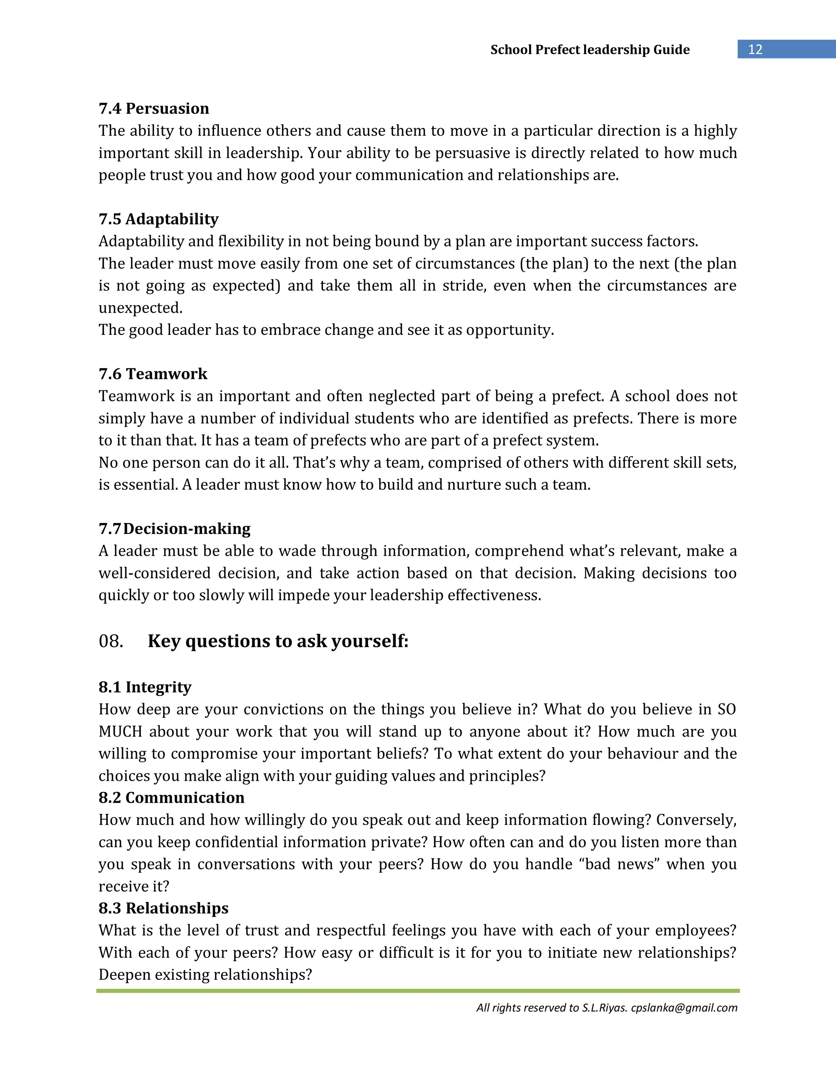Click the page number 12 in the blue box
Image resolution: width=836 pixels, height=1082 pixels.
(x=755, y=49)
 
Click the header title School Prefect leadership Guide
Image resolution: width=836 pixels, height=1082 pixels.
(x=589, y=49)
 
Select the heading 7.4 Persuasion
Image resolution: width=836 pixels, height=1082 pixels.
(x=153, y=109)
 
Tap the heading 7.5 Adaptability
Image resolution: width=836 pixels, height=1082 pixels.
(x=158, y=219)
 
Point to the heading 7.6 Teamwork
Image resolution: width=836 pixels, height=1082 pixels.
(x=153, y=374)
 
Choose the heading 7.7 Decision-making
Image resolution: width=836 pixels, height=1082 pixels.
(x=174, y=529)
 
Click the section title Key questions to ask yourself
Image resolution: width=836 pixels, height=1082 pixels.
(x=278, y=641)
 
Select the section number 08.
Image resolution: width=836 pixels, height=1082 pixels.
(x=111, y=641)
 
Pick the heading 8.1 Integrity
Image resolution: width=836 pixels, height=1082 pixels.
(x=145, y=687)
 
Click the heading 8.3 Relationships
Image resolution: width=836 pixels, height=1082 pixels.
(x=163, y=908)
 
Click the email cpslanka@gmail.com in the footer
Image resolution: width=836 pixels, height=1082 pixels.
(x=684, y=1008)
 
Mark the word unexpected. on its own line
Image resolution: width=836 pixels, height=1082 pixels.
(x=140, y=308)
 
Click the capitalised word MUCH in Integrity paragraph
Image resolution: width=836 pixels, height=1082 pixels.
(x=120, y=732)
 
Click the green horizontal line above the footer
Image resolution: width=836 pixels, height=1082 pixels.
(x=418, y=991)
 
